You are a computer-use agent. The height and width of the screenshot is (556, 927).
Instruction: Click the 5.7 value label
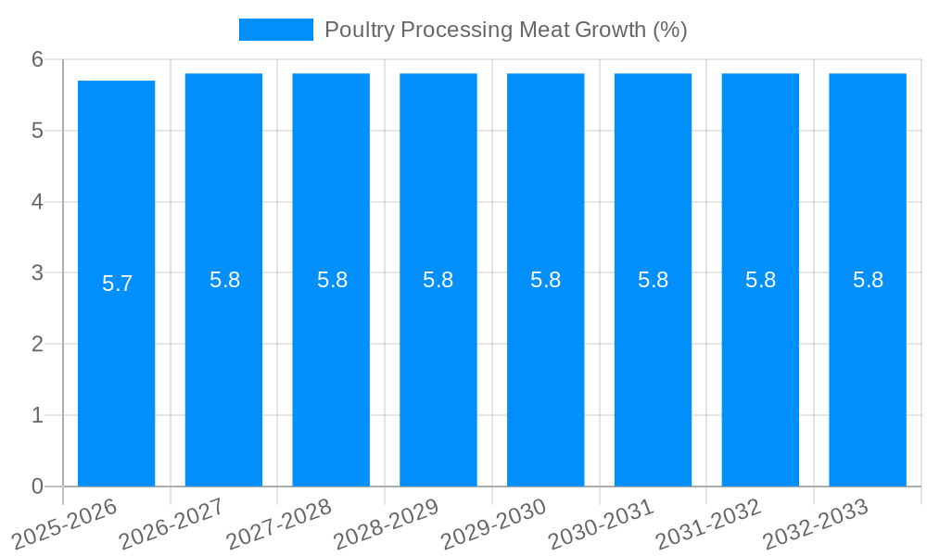click(x=118, y=284)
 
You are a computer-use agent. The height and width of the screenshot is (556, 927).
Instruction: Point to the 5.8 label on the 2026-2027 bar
click(x=224, y=280)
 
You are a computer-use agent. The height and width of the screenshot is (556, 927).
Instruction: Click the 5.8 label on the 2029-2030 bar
click(x=546, y=280)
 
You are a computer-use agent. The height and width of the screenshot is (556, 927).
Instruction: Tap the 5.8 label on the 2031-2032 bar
click(x=761, y=280)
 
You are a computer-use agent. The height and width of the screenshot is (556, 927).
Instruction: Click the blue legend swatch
click(x=275, y=30)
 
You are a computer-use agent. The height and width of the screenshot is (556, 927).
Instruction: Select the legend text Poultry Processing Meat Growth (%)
click(x=505, y=30)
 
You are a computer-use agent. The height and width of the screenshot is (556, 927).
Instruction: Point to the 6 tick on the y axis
click(x=38, y=59)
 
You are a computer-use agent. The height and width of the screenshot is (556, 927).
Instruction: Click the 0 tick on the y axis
click(x=38, y=486)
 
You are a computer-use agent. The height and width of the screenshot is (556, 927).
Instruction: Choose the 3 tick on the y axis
click(x=38, y=272)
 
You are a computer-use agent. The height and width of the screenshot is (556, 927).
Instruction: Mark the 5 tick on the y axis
click(x=38, y=131)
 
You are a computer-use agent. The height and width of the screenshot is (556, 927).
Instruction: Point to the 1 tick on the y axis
click(x=38, y=415)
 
